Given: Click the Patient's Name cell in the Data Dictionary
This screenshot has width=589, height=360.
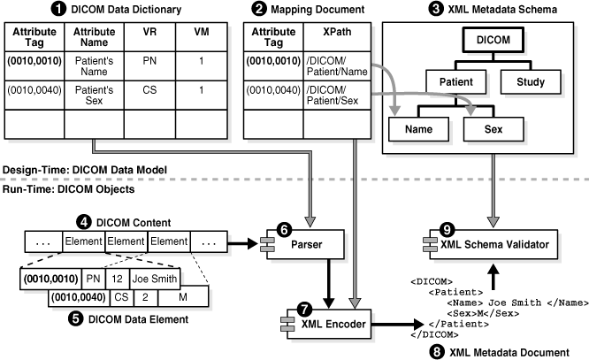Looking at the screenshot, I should [98, 64].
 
